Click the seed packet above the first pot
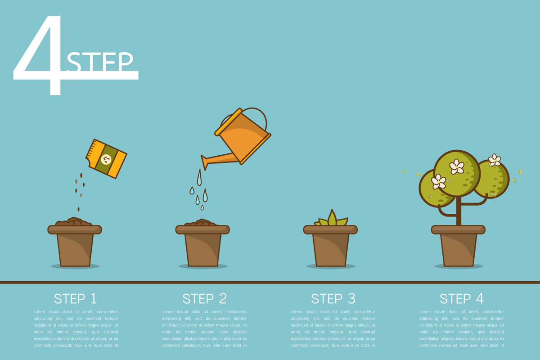click(x=106, y=159)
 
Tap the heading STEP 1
click(x=75, y=298)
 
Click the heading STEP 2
click(x=204, y=298)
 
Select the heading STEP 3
click(x=333, y=298)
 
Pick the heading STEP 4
click(x=462, y=298)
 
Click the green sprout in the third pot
click(x=332, y=219)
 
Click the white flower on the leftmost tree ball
click(x=438, y=181)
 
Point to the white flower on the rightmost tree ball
click(x=495, y=160)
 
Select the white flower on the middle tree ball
click(x=457, y=166)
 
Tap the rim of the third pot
click(x=330, y=229)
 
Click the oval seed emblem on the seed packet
click(x=107, y=159)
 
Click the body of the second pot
click(x=202, y=250)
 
